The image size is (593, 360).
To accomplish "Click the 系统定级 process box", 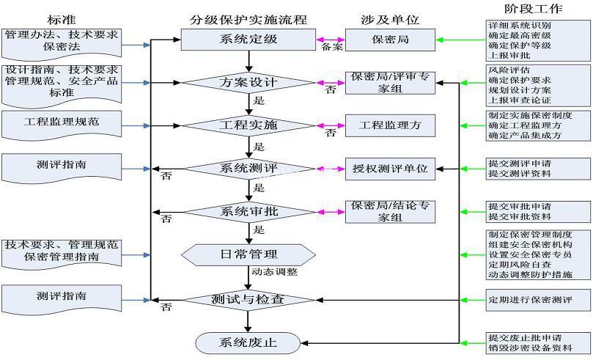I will coord(248,39).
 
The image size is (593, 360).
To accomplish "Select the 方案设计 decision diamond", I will coord(248,83).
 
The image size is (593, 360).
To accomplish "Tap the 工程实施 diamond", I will coord(248,125).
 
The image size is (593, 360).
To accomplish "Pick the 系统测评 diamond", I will coord(248,169).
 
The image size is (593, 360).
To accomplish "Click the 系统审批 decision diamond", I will coord(248,212).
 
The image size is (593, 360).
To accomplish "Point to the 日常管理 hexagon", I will coord(248,254).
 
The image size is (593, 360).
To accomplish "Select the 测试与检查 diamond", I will coord(248,299).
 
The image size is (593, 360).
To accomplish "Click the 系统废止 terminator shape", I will coord(248,342).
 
